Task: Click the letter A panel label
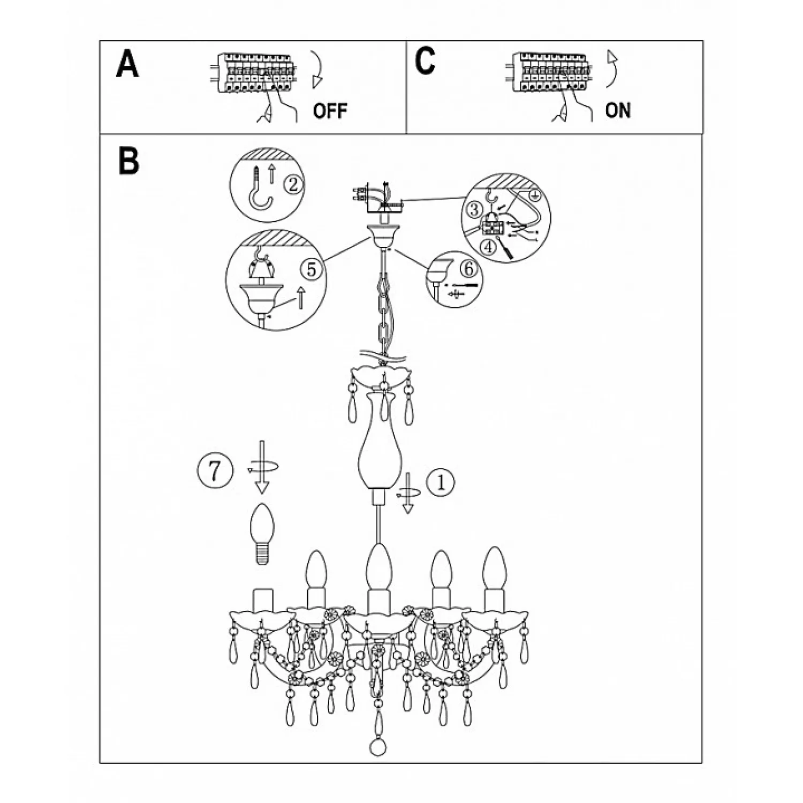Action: coord(127,64)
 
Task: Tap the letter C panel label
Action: coord(425,61)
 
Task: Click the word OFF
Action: coord(330,111)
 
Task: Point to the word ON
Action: coord(618,110)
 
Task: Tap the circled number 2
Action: coord(292,185)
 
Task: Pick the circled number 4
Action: coord(488,247)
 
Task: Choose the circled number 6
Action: coord(468,269)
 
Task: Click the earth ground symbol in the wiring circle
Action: coord(535,195)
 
